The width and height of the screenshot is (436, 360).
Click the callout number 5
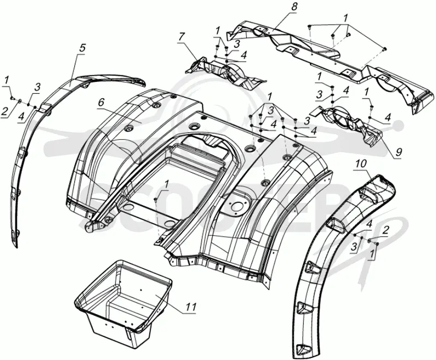pos(82,48)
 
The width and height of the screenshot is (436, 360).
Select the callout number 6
pos(101,103)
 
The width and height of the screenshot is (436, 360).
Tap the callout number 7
pos(181,37)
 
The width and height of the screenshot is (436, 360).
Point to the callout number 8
pos(294,7)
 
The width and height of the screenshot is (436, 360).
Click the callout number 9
pos(399,152)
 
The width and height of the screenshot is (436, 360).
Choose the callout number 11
pos(191,307)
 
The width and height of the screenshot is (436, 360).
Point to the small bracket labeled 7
pos(225,73)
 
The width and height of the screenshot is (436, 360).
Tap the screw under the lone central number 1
pos(156,199)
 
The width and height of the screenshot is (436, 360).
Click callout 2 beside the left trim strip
pos(5,112)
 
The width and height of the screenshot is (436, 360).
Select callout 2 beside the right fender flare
pos(386,230)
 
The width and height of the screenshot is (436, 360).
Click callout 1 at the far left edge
pos(7,80)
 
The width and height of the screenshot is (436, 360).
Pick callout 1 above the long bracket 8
pos(345,19)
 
